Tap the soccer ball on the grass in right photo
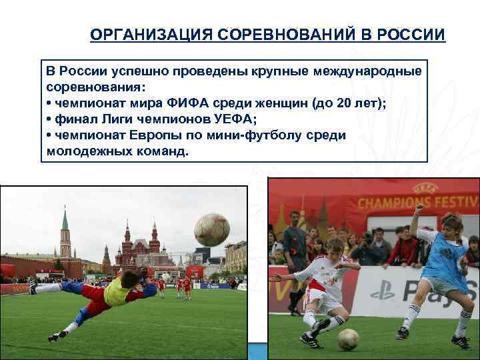(348, 339)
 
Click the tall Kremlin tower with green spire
(65, 233)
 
